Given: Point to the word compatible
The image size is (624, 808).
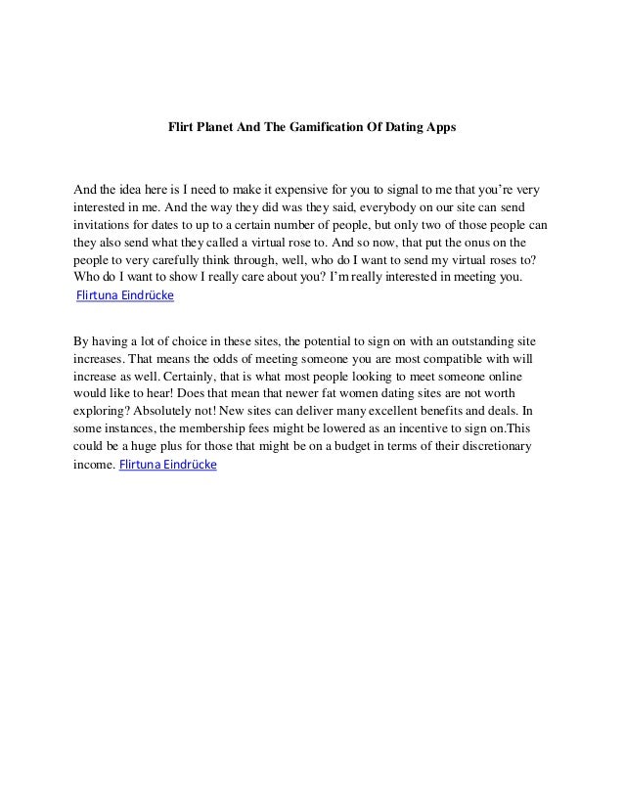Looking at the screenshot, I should tap(424, 359).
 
